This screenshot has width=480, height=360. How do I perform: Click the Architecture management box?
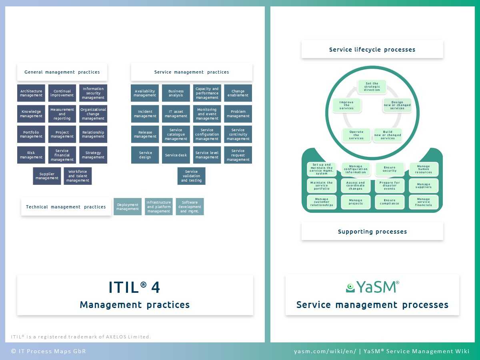(x=31, y=93)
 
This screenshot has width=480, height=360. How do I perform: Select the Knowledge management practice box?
(x=31, y=114)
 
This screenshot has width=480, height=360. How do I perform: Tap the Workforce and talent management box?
(x=78, y=176)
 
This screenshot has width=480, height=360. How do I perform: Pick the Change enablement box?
(x=238, y=93)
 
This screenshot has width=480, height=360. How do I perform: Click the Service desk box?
(x=176, y=155)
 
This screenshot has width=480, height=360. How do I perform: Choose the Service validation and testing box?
(x=191, y=176)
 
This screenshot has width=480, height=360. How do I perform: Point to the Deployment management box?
(x=128, y=207)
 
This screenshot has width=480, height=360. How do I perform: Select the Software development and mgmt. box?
(x=190, y=207)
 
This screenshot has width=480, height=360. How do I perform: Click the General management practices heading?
(x=62, y=72)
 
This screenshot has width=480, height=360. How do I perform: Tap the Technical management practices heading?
(x=66, y=207)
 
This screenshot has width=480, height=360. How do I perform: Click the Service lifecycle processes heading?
(x=372, y=50)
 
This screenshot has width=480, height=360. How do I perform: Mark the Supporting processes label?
(x=372, y=232)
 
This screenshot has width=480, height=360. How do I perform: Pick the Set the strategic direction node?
(x=372, y=87)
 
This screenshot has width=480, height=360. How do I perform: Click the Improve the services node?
(x=346, y=105)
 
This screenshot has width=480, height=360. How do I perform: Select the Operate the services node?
(x=356, y=135)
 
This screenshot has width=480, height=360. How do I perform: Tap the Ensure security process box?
(x=390, y=169)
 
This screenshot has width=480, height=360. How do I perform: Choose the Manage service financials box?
(x=424, y=202)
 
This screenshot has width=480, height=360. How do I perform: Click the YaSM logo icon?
(x=350, y=287)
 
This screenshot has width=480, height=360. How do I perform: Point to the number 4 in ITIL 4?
(x=155, y=288)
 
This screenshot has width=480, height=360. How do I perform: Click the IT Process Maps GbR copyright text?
(x=48, y=351)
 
